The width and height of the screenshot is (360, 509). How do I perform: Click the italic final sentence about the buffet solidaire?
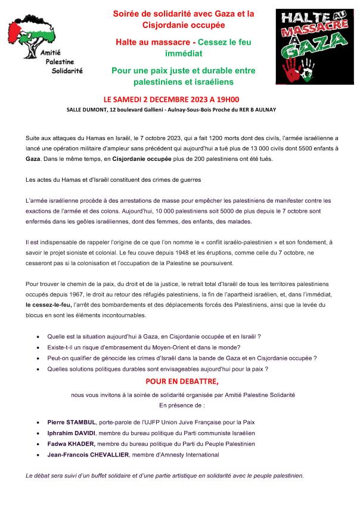tap(164, 476)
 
